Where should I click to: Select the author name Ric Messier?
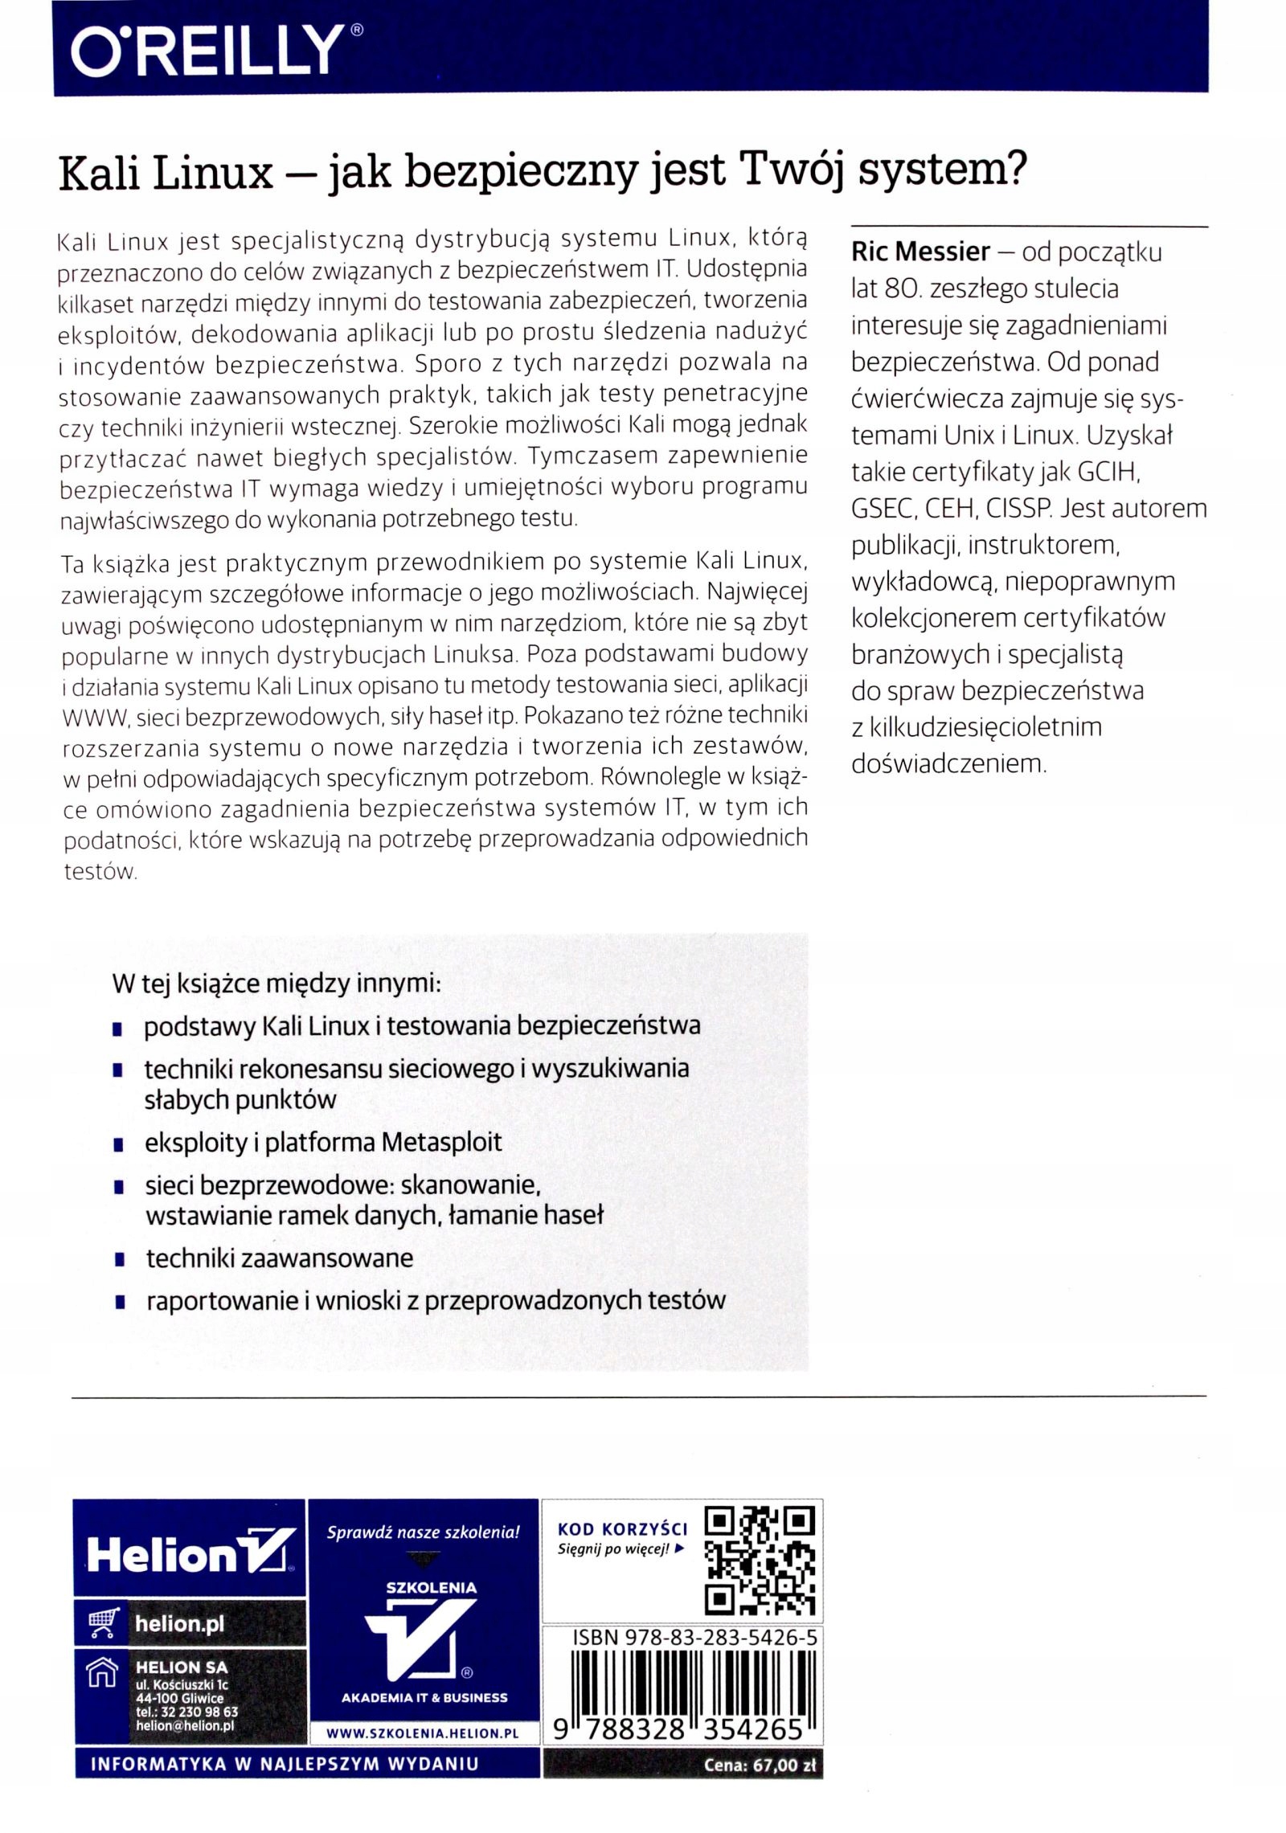click(920, 252)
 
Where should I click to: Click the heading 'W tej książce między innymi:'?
click(276, 984)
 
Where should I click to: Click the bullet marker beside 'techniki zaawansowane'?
click(118, 1259)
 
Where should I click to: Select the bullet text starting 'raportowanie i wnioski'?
click(435, 1301)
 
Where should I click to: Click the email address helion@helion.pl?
click(184, 1725)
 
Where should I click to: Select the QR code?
click(760, 1560)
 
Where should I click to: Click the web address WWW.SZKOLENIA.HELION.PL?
click(422, 1733)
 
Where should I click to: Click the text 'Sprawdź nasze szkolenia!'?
click(423, 1532)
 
